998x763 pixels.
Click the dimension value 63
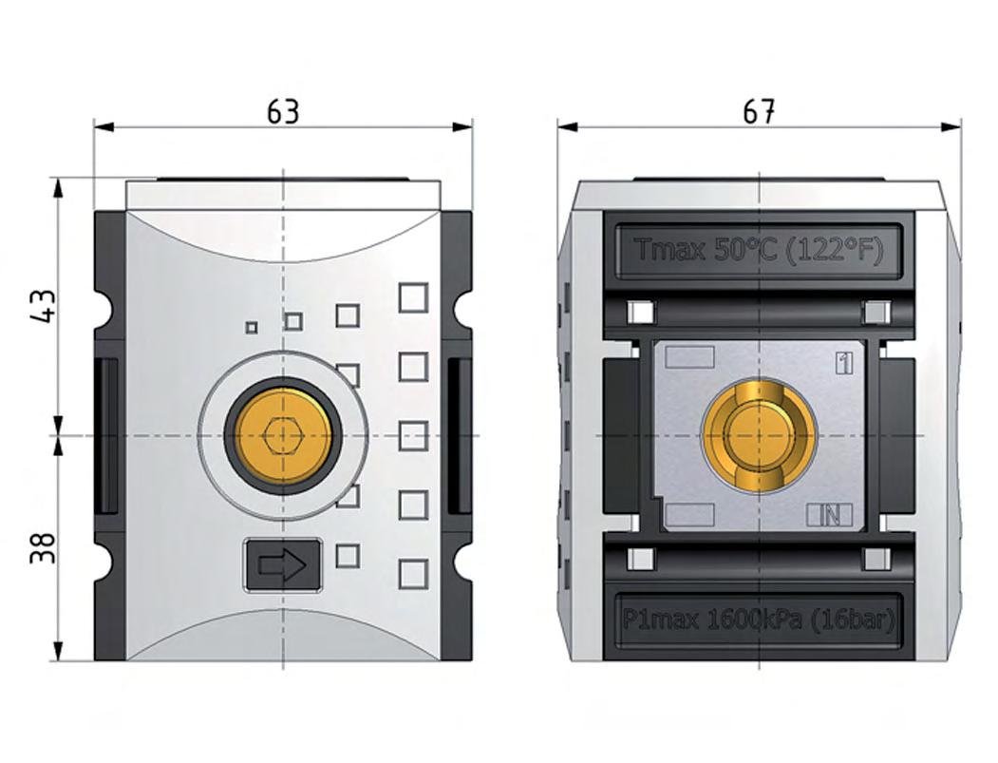coord(283,112)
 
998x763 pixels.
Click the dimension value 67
coord(759,112)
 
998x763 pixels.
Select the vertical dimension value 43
coord(44,306)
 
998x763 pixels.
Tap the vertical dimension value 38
coord(44,547)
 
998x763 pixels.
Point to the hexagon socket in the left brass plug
coord(283,435)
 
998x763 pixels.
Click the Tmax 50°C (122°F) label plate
coord(760,250)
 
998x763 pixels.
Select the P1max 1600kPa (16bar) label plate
coord(760,620)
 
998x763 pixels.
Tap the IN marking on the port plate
coord(829,515)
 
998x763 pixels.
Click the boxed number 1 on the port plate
coord(844,363)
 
